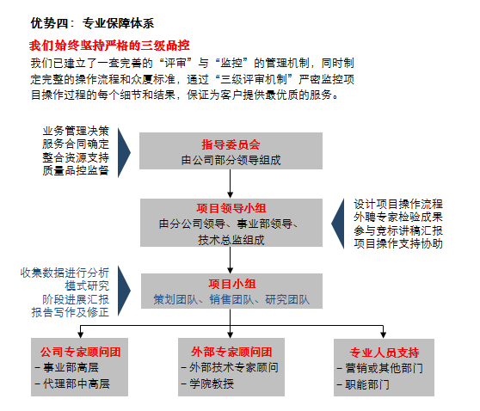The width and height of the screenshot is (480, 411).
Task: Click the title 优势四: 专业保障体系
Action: point(92,23)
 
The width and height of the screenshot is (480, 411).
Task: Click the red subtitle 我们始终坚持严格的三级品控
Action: point(109,46)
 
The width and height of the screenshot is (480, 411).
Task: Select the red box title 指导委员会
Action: point(231,144)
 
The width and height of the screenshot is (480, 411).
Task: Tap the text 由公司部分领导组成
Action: point(231,160)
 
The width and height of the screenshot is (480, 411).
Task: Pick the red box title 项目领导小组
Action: point(231,208)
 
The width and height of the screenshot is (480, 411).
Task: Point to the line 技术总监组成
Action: point(231,240)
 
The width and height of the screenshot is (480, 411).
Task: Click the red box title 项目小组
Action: point(232,284)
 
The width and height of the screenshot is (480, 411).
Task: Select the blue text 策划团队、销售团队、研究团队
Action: point(231,299)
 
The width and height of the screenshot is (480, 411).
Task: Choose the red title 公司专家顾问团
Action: point(81,352)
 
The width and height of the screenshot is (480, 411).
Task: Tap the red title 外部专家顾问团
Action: point(231,352)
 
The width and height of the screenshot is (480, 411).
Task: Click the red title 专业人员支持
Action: point(385,353)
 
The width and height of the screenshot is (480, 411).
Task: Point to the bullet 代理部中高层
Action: point(72,383)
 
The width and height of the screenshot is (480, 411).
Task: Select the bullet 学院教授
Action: point(207,383)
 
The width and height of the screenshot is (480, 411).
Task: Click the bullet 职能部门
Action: point(363,384)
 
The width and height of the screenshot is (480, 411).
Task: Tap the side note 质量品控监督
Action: point(76,170)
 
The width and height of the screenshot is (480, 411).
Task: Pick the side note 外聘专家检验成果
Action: point(398,217)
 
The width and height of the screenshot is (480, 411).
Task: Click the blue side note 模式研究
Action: point(87,285)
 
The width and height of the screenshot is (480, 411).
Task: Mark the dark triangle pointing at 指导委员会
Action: point(124,152)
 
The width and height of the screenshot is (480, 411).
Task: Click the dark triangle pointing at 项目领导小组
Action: point(338,224)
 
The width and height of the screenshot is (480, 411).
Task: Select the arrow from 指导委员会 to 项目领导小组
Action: point(231,184)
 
